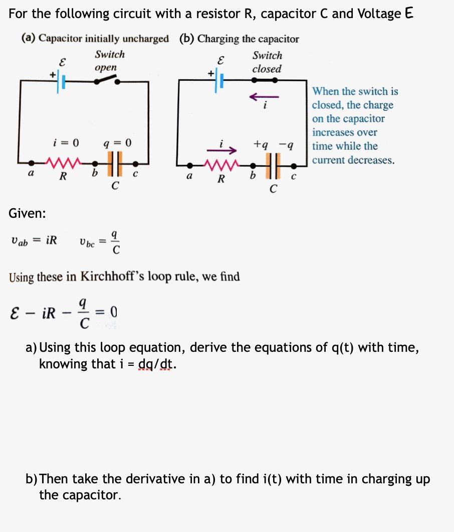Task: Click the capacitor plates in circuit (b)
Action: pyautogui.click(x=273, y=164)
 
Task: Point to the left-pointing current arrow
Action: pyautogui.click(x=264, y=96)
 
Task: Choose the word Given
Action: pyautogui.click(x=27, y=213)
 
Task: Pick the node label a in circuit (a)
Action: pyautogui.click(x=32, y=174)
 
